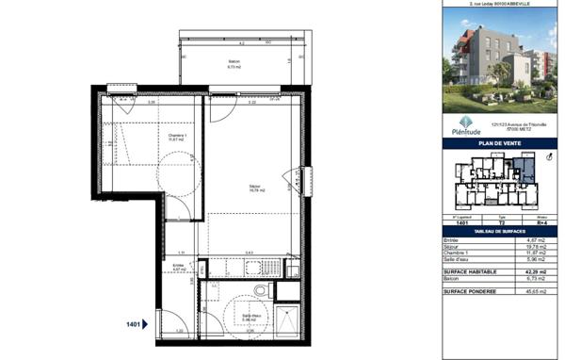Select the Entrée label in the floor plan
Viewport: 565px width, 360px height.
point(178,267)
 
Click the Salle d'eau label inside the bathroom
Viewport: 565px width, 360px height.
point(250,317)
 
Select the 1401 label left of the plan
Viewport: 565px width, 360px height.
point(132,324)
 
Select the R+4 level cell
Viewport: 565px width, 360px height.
point(541,223)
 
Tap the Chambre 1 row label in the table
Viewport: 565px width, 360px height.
point(459,254)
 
